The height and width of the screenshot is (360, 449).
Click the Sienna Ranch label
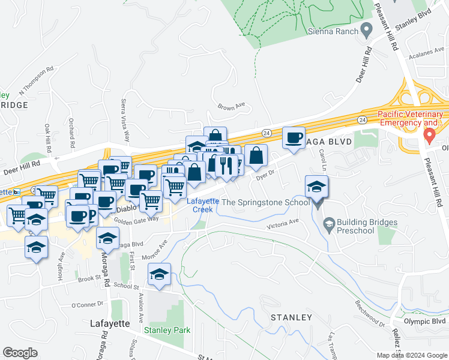coord(333,31)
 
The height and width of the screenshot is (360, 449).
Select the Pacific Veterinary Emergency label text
coord(411,119)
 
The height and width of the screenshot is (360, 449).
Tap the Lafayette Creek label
coord(203,205)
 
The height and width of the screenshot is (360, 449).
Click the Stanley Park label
coord(167,330)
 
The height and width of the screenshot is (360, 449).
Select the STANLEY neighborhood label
coord(291,317)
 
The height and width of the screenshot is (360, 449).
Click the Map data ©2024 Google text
coord(411,355)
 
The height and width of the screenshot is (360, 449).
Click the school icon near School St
coord(159,274)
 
